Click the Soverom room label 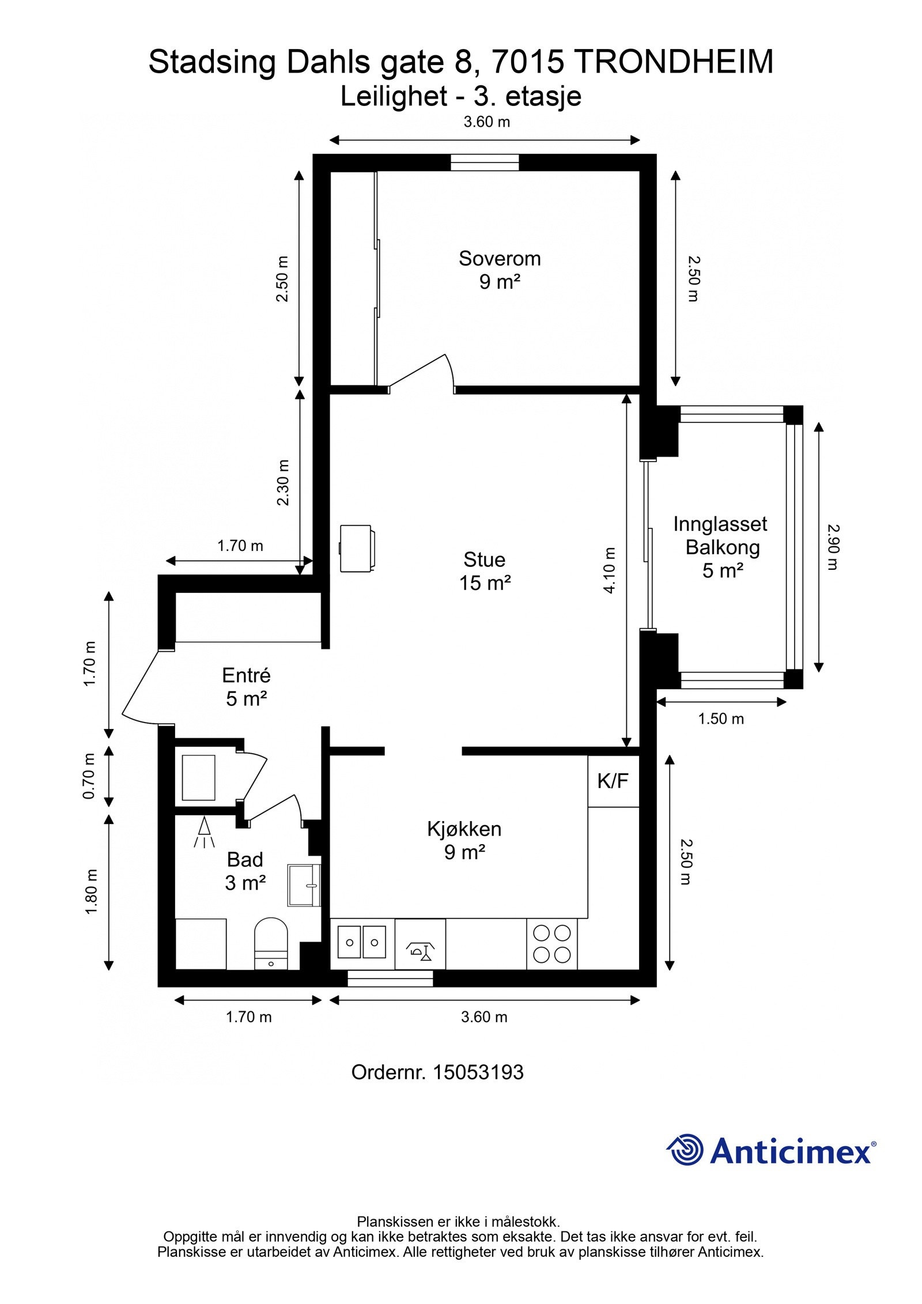click(499, 259)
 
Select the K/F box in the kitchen click(613, 781)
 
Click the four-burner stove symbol click(551, 944)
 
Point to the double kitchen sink click(361, 942)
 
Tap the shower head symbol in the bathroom click(203, 831)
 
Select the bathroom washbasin click(303, 885)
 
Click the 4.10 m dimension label click(609, 570)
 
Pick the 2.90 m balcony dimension click(832, 546)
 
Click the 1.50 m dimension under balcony click(720, 719)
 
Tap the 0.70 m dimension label click(89, 776)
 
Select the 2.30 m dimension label click(282, 482)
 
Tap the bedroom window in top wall click(484, 162)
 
